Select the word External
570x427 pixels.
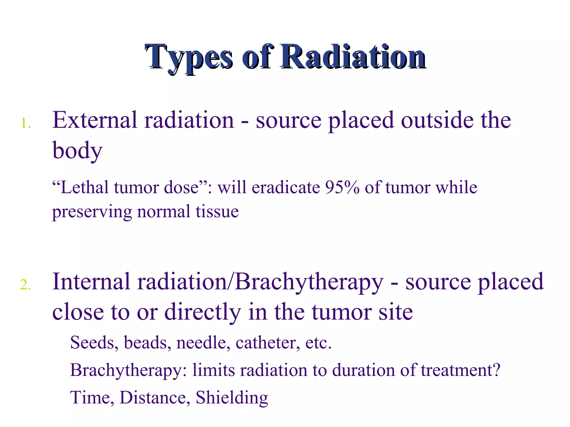coord(95,120)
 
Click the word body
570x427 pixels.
coord(77,150)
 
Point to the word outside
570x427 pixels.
coord(437,120)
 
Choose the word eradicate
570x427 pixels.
coord(286,187)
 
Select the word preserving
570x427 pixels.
coord(92,212)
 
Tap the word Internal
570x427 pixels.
coord(91,282)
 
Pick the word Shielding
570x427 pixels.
coord(232,398)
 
